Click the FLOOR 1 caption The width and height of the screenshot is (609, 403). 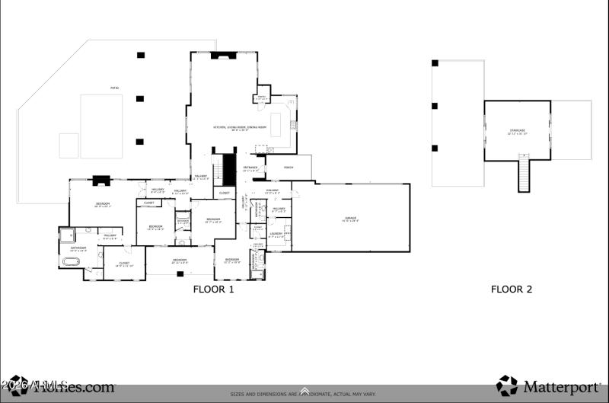(213, 289)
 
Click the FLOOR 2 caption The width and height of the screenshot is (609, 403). (511, 289)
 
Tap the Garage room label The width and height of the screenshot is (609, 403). (350, 219)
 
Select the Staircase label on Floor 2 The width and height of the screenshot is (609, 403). (517, 131)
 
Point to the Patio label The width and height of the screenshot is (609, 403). (114, 88)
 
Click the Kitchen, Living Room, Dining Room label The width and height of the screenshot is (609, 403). (240, 128)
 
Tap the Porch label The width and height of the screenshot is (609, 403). (289, 167)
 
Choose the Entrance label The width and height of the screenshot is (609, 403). (250, 168)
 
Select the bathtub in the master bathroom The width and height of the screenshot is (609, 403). (69, 261)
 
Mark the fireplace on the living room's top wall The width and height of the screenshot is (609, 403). (225, 55)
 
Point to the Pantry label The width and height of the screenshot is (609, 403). (261, 98)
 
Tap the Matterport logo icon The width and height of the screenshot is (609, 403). (506, 385)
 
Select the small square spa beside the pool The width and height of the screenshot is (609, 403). (69, 146)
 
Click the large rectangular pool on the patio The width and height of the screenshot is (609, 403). (102, 126)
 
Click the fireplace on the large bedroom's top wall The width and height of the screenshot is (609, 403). (101, 181)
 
